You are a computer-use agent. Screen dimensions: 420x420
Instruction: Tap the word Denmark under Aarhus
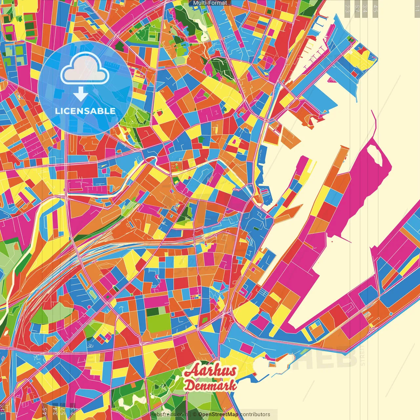210,385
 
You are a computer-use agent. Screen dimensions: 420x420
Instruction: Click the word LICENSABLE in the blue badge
85,111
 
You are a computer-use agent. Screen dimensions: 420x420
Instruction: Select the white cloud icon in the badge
85,68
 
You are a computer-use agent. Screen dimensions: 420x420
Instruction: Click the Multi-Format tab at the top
210,3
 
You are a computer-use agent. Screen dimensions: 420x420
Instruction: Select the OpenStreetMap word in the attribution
218,414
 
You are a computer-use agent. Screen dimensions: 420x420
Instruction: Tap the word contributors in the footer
255,414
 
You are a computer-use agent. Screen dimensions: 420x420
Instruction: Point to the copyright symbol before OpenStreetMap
195,414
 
